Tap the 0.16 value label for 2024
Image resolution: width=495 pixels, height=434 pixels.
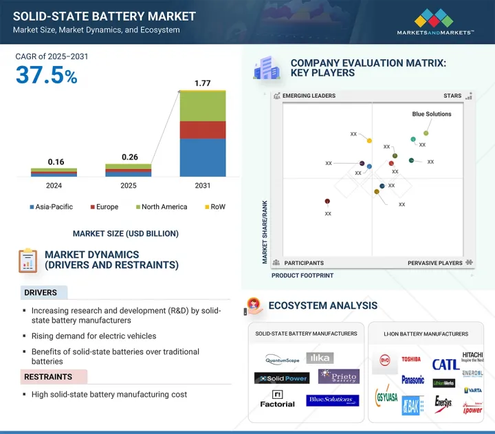(x=56, y=162)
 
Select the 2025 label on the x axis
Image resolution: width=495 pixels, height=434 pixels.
(x=129, y=186)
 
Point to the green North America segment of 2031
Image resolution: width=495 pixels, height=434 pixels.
(x=202, y=107)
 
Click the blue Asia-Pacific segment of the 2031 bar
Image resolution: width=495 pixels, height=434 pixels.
(x=202, y=158)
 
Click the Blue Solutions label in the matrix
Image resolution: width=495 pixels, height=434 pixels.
(x=432, y=114)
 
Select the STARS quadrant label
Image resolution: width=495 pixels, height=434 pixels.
(x=452, y=96)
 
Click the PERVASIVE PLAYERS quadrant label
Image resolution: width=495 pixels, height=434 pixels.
(x=436, y=263)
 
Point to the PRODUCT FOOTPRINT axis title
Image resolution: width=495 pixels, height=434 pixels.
(x=302, y=275)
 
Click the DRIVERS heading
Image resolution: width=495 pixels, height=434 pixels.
(x=41, y=293)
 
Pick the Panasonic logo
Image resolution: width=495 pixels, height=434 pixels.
(x=412, y=379)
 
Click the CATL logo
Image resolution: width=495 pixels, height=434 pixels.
(x=445, y=365)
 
